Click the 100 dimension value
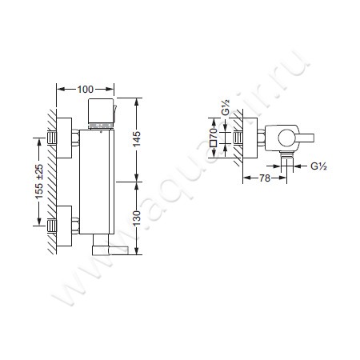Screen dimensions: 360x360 (x=86, y=90)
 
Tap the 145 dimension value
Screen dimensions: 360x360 (x=137, y=138)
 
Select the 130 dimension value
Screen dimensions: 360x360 (x=137, y=218)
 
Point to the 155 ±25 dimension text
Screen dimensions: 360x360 (x=39, y=182)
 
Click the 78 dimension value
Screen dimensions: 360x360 (x=265, y=178)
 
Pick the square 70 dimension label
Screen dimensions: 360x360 (x=214, y=138)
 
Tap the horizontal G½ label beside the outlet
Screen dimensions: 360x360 (x=318, y=166)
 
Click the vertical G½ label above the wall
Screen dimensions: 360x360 (x=226, y=107)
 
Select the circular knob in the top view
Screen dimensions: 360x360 (x=286, y=138)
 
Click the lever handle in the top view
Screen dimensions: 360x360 (x=305, y=138)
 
